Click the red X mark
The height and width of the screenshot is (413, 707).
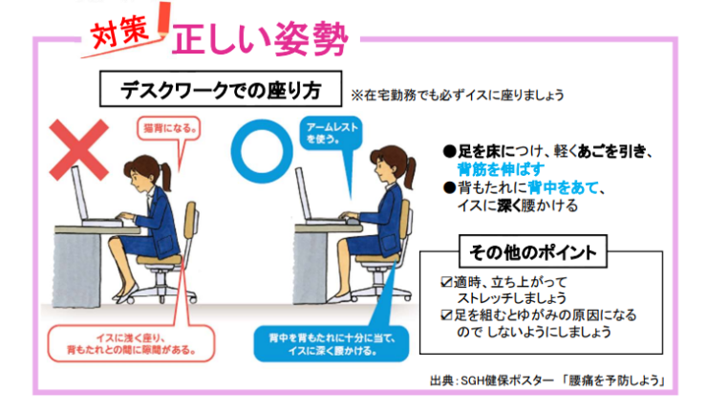(79, 150)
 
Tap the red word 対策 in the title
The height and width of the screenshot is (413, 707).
(120, 33)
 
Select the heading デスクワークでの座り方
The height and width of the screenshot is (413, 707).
(221, 89)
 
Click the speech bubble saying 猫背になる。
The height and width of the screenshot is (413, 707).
(169, 129)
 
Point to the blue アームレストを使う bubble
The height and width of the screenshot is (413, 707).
(331, 133)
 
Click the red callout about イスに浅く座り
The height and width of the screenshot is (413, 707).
(131, 343)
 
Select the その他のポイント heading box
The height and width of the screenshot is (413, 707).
(532, 251)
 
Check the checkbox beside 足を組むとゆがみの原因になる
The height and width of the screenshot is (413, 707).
(446, 315)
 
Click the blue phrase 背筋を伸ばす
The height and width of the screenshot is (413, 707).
(501, 169)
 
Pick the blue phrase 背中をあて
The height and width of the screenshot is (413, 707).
(563, 186)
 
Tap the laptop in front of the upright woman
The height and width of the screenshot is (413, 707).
(315, 199)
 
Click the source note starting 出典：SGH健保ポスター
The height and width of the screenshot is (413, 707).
(547, 380)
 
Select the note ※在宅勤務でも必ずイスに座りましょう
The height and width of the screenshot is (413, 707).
(458, 96)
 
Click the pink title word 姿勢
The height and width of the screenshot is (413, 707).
(310, 40)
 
